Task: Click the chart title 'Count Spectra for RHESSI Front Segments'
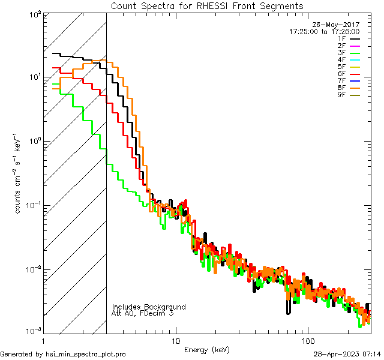coord(207,5)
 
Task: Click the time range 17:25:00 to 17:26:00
coord(324,32)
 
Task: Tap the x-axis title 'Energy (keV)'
coord(207,350)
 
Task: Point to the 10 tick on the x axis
coord(175,341)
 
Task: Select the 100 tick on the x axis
coord(307,341)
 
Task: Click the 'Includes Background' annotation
coord(149,307)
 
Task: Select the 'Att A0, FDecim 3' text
coord(143,313)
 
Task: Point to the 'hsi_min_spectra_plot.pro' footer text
coord(86,354)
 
